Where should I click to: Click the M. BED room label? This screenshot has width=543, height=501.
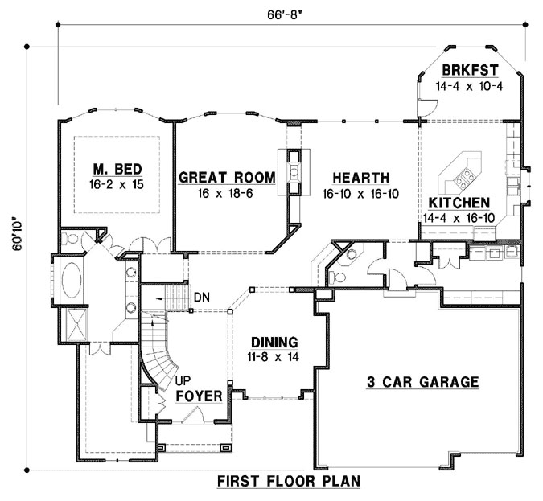117,169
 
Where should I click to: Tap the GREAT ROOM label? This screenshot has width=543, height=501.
227,178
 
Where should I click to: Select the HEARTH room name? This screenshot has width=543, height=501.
362,178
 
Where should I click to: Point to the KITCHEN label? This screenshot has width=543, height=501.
459,202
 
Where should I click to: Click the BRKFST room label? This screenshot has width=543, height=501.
468,70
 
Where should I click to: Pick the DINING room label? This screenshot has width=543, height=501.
274,341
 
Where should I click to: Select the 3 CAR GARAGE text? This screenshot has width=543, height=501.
421,382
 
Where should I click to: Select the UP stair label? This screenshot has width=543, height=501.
183,381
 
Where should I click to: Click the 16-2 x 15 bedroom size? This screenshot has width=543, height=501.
117,184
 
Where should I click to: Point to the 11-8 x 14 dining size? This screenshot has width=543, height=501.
274,356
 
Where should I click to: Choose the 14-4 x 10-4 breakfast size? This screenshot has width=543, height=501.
468,85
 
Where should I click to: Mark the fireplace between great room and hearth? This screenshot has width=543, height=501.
294,170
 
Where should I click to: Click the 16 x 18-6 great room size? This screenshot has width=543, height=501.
227,193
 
